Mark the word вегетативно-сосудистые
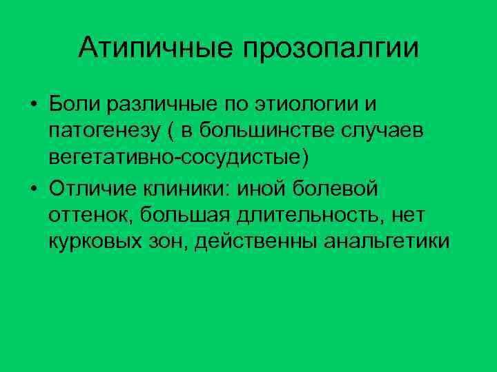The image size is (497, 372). pos(176,158)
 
